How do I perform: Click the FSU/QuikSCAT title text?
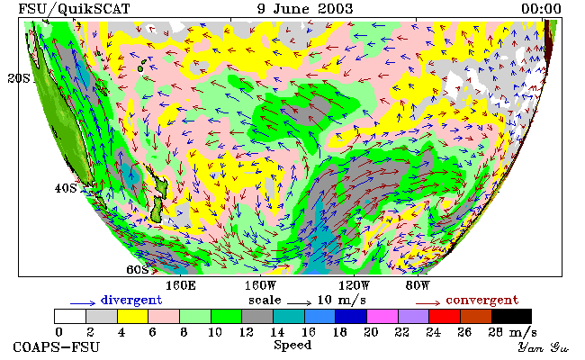(74, 9)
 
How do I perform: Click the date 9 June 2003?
(305, 9)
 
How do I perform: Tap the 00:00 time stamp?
(541, 9)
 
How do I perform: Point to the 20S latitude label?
(19, 78)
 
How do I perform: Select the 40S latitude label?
(66, 188)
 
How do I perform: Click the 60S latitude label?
(138, 269)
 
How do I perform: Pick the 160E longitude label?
(181, 286)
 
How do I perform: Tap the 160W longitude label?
(260, 286)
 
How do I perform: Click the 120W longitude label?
(354, 286)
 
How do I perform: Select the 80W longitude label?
(418, 286)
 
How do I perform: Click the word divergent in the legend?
(131, 300)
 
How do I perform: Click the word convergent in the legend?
(482, 300)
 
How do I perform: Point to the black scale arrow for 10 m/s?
(299, 303)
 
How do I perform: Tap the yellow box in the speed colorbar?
(133, 316)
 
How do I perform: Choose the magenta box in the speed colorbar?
(382, 316)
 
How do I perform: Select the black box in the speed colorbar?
(511, 316)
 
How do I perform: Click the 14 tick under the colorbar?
(277, 331)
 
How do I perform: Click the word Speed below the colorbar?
(292, 346)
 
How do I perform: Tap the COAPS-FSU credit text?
(57, 347)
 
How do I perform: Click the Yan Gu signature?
(544, 347)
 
